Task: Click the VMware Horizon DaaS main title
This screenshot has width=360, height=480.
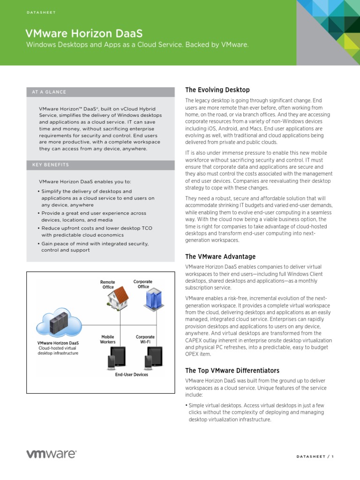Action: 84,33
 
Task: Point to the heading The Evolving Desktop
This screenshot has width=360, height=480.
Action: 217,90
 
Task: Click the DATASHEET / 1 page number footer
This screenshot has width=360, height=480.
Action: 315,457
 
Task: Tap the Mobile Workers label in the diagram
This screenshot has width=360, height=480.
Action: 108,339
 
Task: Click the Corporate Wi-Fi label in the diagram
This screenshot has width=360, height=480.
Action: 145,339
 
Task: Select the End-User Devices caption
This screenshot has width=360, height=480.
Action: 131,375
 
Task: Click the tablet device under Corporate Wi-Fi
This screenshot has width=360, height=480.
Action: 154,358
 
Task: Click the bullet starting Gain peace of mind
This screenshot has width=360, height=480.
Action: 94,247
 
